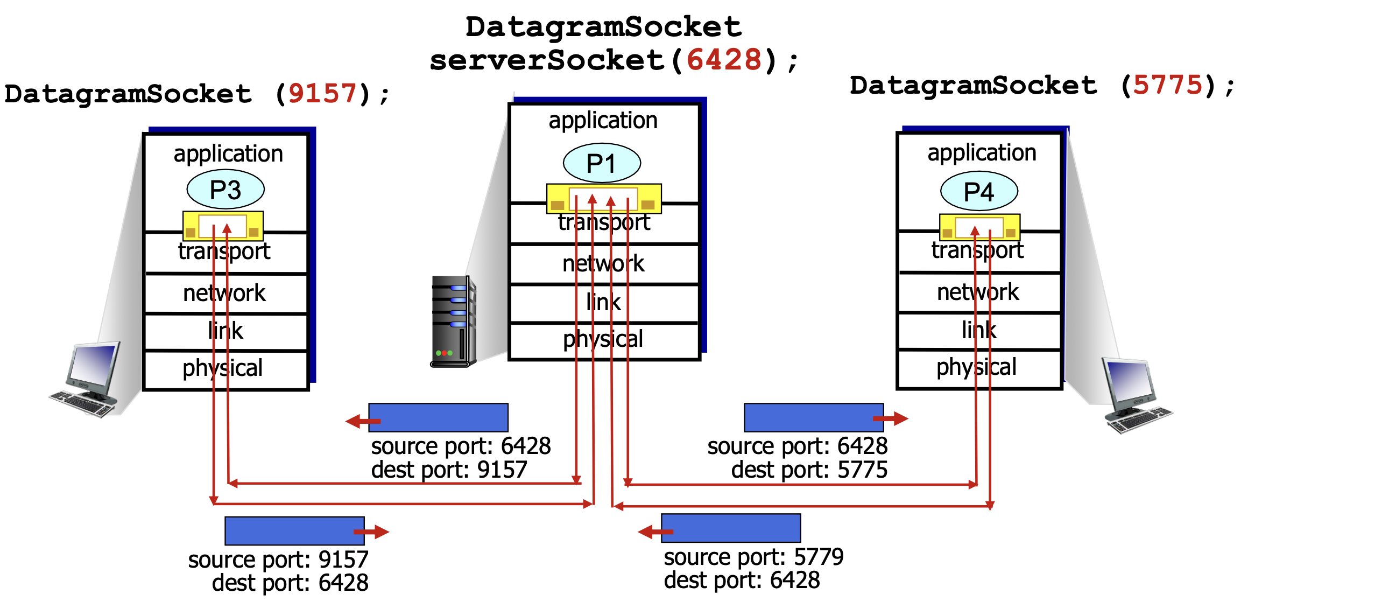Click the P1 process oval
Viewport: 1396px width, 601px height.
(x=602, y=163)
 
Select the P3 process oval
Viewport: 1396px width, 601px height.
(x=225, y=190)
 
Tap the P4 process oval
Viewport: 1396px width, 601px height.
(x=979, y=191)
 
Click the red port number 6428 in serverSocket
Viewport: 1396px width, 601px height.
(x=724, y=60)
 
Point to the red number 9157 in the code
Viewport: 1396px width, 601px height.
(x=322, y=93)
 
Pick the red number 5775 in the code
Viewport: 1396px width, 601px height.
(x=1167, y=85)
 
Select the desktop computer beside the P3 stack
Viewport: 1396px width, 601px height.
(x=87, y=380)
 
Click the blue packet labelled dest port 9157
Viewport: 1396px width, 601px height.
(x=438, y=418)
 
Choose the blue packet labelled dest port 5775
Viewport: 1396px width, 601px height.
(x=813, y=418)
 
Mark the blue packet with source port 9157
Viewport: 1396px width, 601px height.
(x=294, y=531)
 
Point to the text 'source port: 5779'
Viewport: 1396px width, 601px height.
(x=753, y=557)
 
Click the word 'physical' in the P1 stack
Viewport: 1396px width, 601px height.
(x=603, y=340)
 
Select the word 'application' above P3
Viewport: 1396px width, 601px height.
(x=228, y=154)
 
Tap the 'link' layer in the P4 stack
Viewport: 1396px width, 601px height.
(x=979, y=330)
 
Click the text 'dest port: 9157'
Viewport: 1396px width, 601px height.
(x=449, y=470)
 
